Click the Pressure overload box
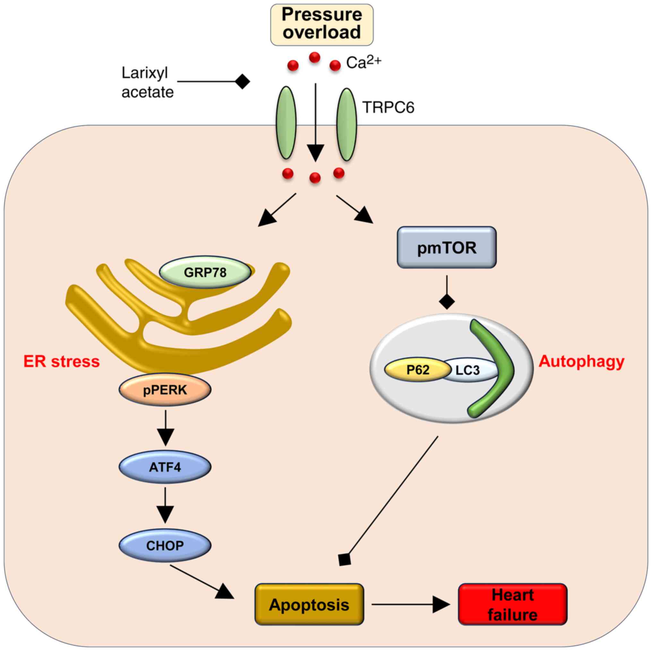point(322,24)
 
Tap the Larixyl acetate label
point(147,82)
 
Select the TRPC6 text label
point(388,107)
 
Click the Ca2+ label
point(364,62)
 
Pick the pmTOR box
point(446,247)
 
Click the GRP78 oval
point(205,272)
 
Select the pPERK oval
point(165,390)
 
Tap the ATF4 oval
point(165,467)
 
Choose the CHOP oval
point(165,545)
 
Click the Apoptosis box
point(309,605)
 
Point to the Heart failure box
point(513,604)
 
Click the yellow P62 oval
point(418,370)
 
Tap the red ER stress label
point(61,361)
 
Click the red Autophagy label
point(581,361)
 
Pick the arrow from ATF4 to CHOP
point(165,506)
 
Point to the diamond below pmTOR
point(447,301)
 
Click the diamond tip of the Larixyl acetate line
point(242,82)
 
